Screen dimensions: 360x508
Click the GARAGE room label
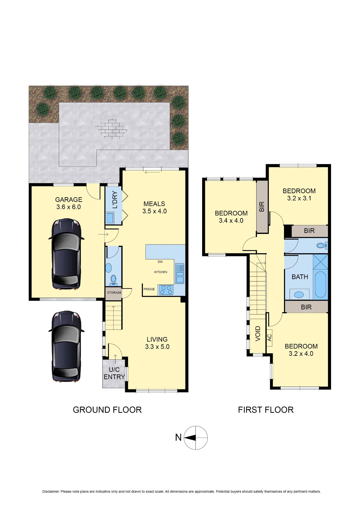[x=69, y=203]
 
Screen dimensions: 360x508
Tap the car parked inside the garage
[x=66, y=254]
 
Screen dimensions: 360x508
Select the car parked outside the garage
[x=66, y=346]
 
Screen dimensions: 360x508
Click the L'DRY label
[x=115, y=200]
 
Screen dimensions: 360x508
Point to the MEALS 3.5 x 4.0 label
[x=154, y=207]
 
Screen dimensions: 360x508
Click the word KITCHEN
[x=161, y=272]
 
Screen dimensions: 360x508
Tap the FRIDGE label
[x=149, y=289]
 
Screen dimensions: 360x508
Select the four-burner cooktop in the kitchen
[x=166, y=290]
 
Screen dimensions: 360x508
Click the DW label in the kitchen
[x=160, y=262]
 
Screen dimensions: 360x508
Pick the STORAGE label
[x=114, y=293]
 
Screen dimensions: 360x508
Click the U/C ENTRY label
[x=114, y=373]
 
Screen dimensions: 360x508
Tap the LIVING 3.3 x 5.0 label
[x=157, y=343]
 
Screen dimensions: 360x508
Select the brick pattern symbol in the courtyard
[x=111, y=129]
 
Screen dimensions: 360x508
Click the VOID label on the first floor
[x=258, y=334]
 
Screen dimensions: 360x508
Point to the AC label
[x=269, y=338]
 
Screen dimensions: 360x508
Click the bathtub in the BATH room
[x=320, y=284]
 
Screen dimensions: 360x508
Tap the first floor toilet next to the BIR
[x=322, y=246]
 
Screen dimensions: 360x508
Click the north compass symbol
[x=196, y=438]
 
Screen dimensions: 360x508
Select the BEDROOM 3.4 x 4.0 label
[x=231, y=217]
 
